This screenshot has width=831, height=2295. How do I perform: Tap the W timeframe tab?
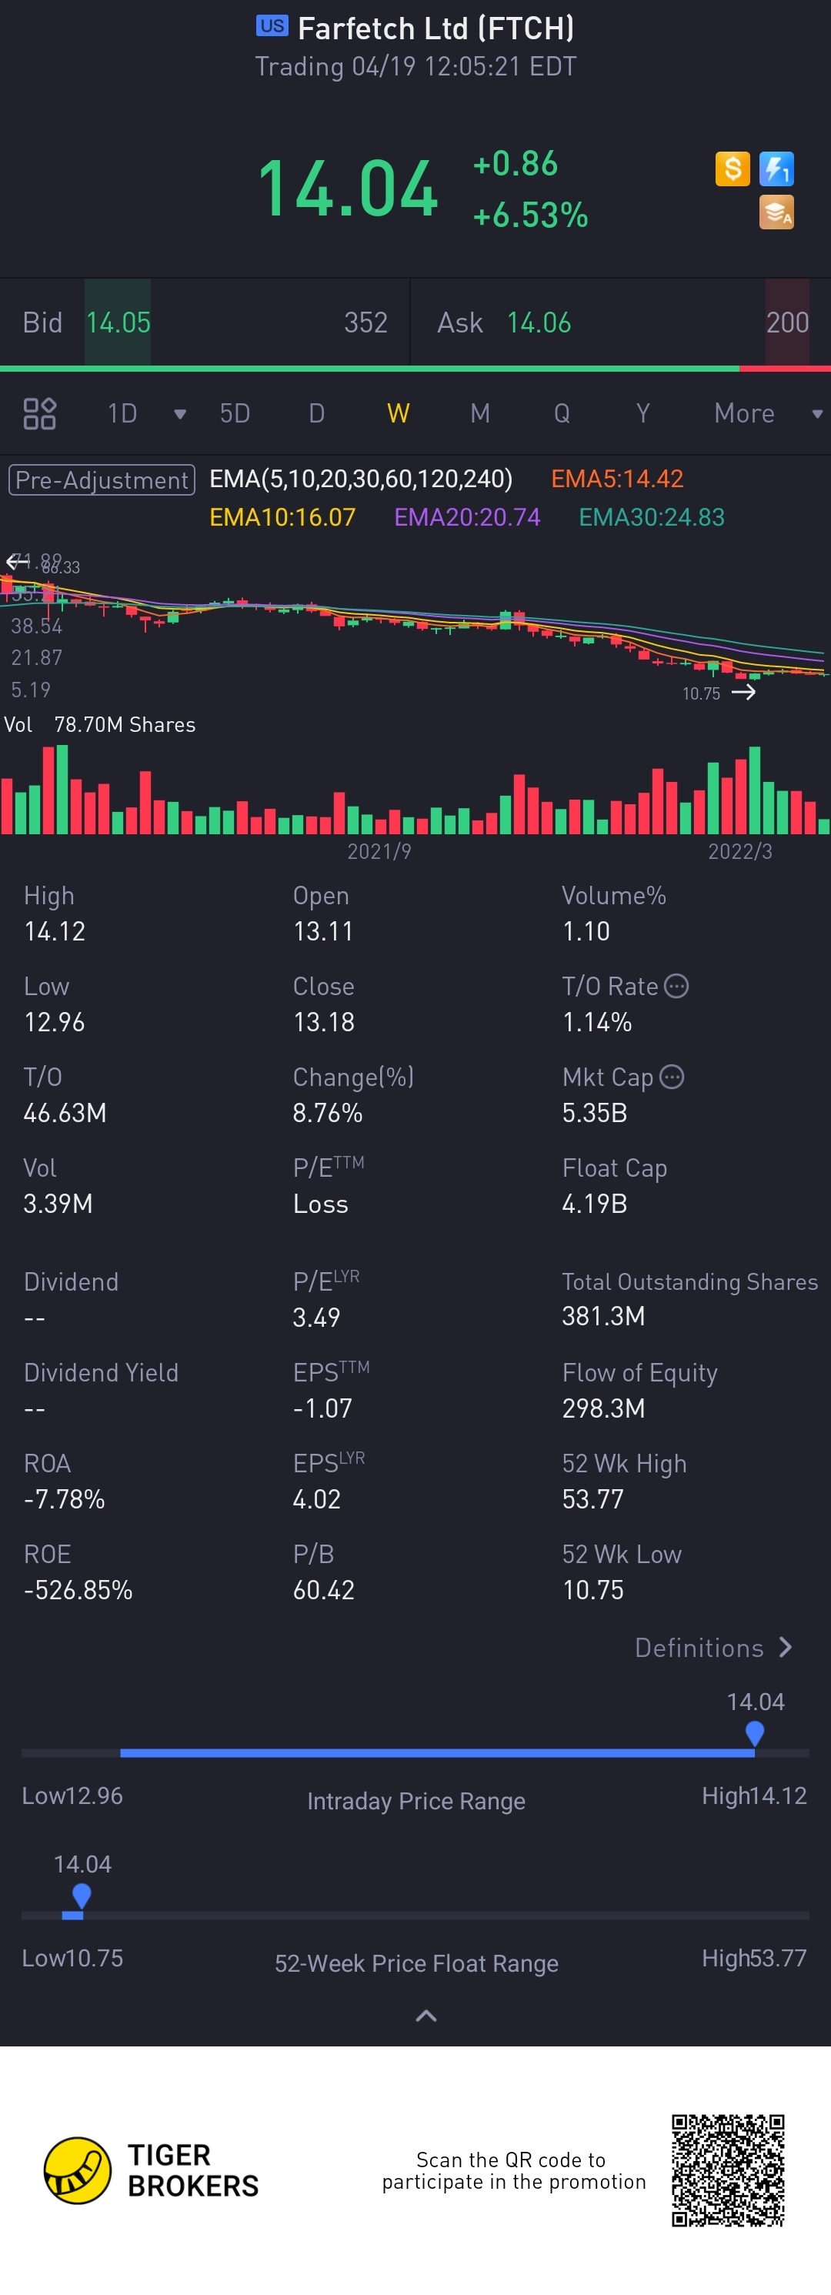click(398, 413)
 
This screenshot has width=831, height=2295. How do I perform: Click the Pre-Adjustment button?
click(102, 480)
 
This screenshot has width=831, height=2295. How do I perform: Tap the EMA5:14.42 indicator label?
click(616, 479)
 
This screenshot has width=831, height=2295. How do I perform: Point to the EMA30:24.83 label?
click(651, 518)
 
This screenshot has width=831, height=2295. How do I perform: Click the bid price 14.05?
click(118, 322)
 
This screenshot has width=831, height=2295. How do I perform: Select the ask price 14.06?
click(539, 322)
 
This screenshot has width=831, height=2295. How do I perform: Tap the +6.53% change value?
click(530, 215)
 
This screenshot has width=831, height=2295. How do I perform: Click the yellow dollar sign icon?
click(733, 169)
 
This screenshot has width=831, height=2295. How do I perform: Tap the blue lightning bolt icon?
click(776, 169)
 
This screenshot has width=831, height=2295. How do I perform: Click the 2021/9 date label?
click(379, 852)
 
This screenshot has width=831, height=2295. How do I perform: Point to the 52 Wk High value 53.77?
click(592, 1499)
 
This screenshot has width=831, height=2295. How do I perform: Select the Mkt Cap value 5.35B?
click(594, 1113)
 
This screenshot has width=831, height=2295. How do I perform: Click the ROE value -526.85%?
click(78, 1590)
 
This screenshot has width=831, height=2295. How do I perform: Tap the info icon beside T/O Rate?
click(677, 986)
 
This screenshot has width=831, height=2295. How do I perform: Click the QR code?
click(728, 2170)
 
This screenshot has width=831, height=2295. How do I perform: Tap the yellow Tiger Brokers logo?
click(78, 2170)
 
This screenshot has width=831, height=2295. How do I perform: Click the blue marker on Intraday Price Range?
click(754, 1733)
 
